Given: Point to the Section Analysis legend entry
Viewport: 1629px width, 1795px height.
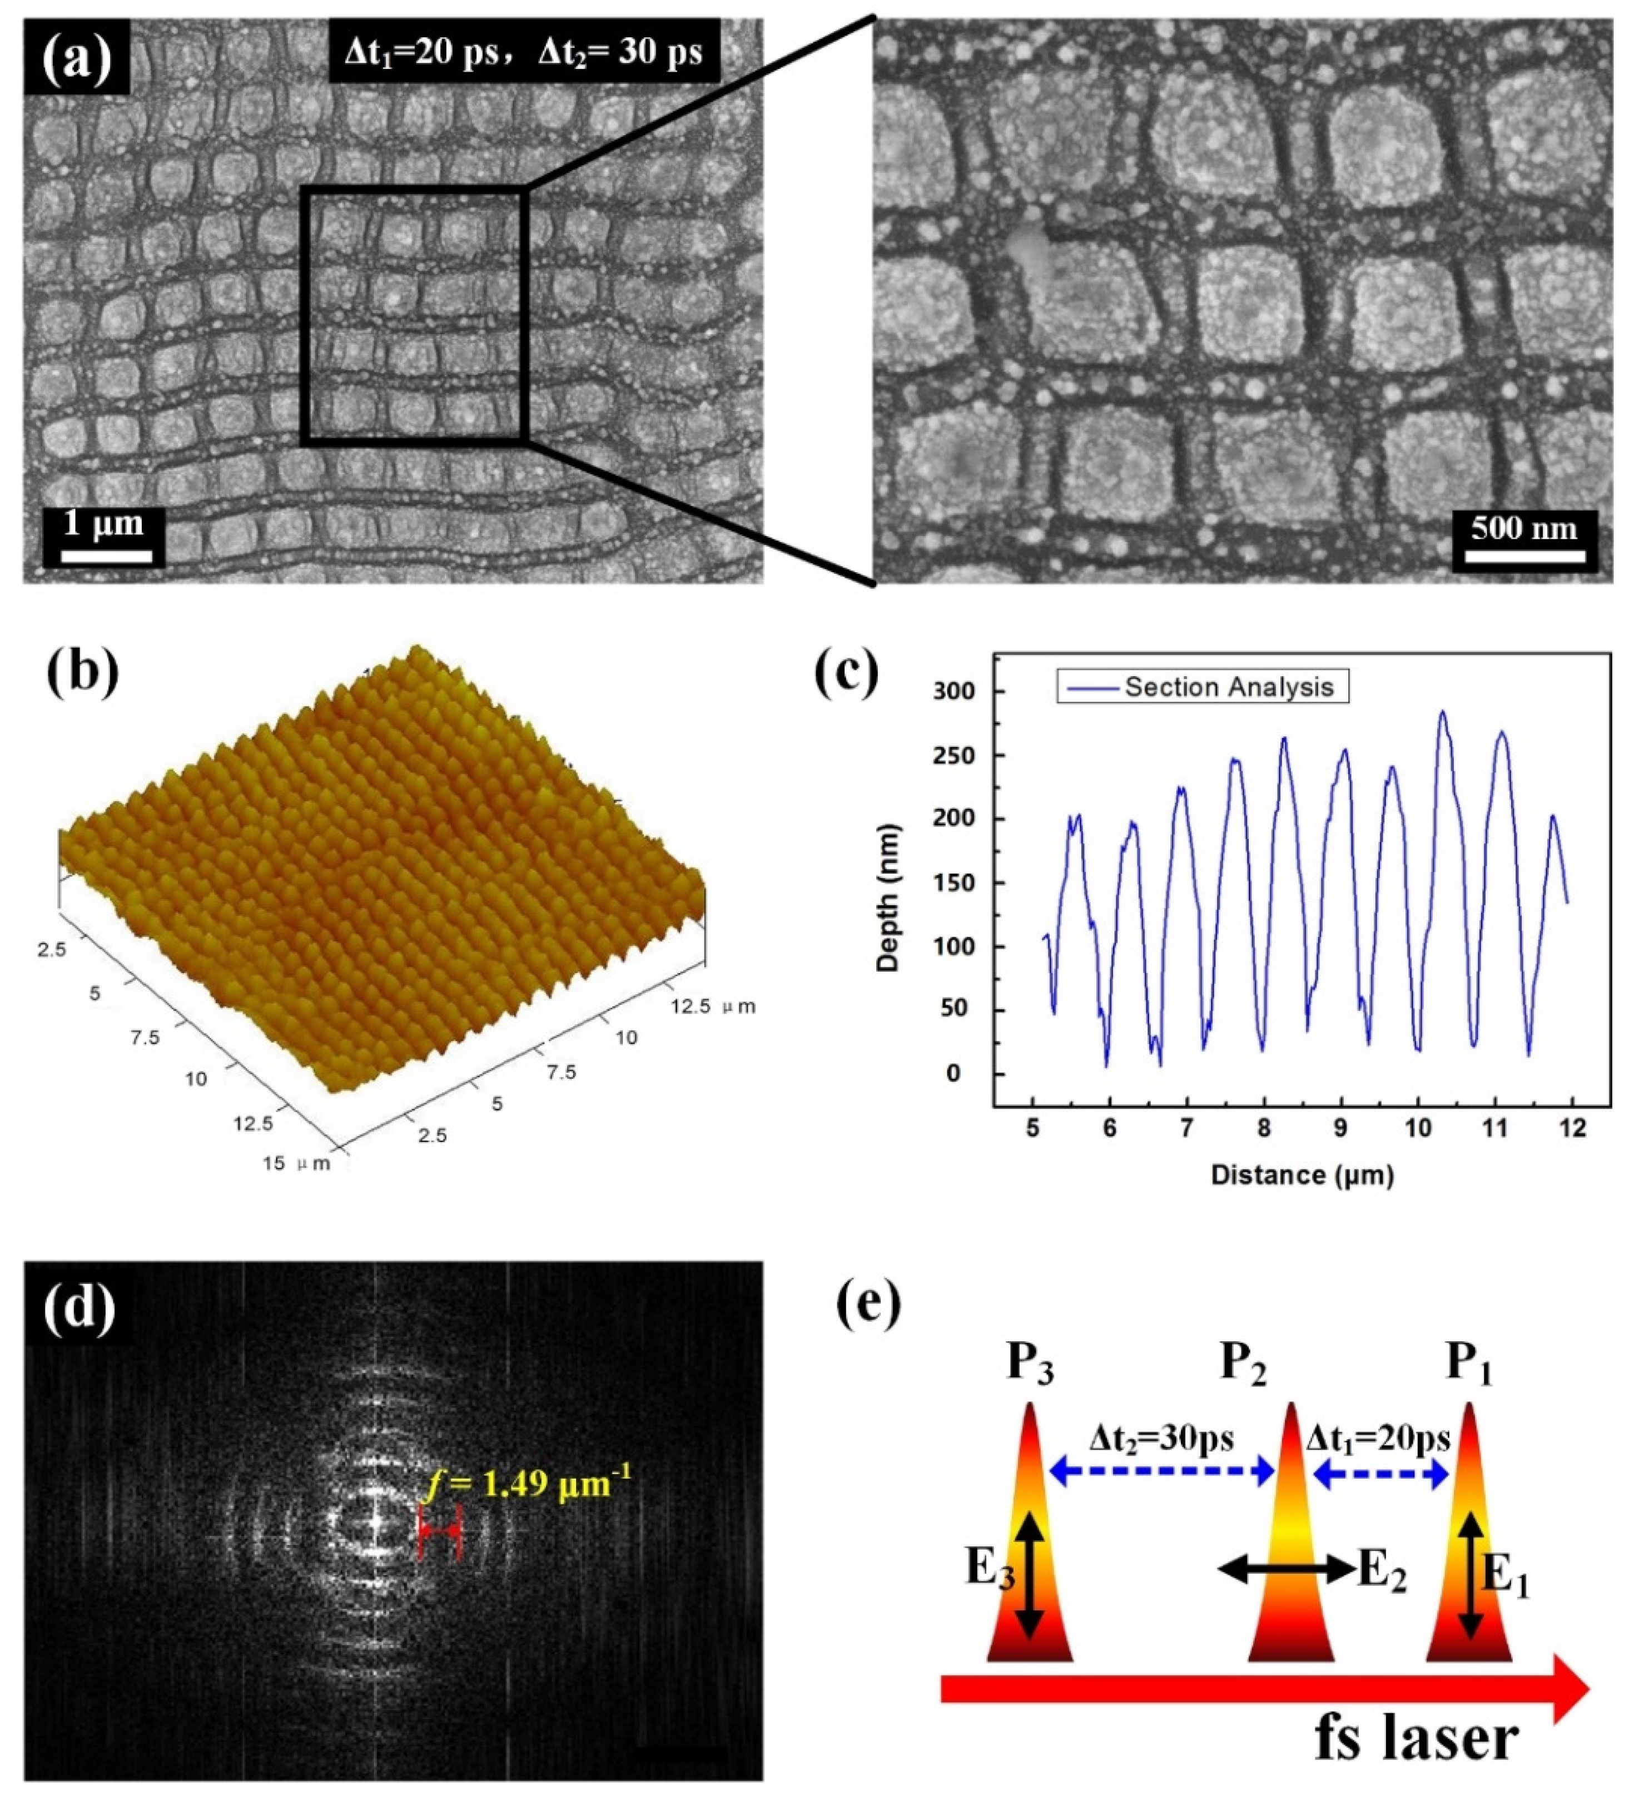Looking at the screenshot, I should pyautogui.click(x=1201, y=687).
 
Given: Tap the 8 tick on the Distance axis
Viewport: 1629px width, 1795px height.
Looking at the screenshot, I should pyautogui.click(x=1264, y=1129).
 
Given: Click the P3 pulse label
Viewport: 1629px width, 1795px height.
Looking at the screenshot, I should pyautogui.click(x=1030, y=1363).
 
